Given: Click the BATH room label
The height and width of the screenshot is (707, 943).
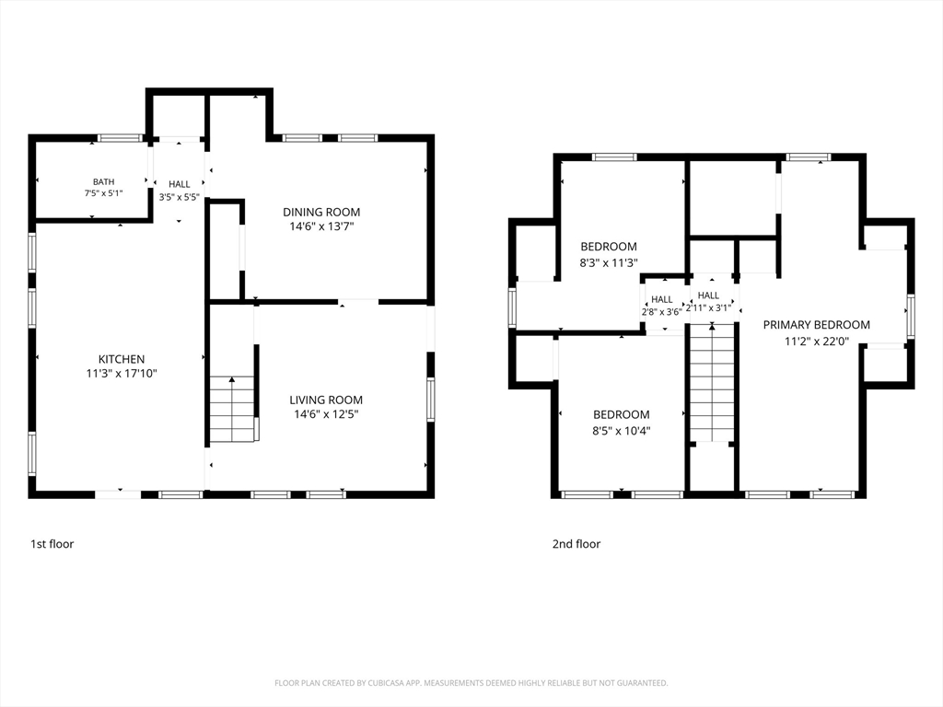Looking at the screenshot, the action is tap(103, 181).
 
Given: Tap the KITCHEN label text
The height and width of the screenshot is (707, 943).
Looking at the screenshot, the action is tap(122, 359).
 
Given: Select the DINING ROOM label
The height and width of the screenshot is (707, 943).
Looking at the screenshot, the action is tap(321, 212).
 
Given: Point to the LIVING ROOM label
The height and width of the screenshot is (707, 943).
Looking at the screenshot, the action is tap(326, 400).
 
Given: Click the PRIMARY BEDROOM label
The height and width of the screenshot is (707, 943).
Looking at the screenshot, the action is tap(816, 325).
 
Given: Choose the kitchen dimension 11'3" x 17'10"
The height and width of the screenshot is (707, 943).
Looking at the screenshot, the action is tap(122, 374).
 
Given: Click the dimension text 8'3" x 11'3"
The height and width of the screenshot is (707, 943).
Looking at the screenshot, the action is tap(609, 262).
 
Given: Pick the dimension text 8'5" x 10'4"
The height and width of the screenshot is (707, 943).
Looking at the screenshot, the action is tap(622, 431).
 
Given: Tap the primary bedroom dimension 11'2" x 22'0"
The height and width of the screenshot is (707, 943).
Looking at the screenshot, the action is tap(816, 341).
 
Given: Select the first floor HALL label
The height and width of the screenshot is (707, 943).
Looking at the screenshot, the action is tap(180, 184).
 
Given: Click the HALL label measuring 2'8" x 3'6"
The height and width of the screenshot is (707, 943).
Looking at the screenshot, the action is tap(661, 299).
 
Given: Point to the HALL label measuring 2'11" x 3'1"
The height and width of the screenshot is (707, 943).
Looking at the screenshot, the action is tap(708, 296).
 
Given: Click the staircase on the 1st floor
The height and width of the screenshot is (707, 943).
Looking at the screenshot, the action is tap(232, 409).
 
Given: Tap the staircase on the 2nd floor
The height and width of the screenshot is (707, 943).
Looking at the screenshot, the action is tap(712, 384).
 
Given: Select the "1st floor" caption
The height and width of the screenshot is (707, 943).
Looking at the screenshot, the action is tap(52, 544).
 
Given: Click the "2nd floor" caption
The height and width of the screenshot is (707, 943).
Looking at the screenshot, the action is tap(576, 544).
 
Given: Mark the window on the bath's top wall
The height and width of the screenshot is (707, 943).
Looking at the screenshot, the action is tap(121, 138).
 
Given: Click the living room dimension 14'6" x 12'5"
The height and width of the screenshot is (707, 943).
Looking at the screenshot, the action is tap(326, 414).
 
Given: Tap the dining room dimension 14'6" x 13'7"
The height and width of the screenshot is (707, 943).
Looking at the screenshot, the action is tap(321, 226).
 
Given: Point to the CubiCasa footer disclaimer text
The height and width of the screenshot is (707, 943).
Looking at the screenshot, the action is tap(471, 683).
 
